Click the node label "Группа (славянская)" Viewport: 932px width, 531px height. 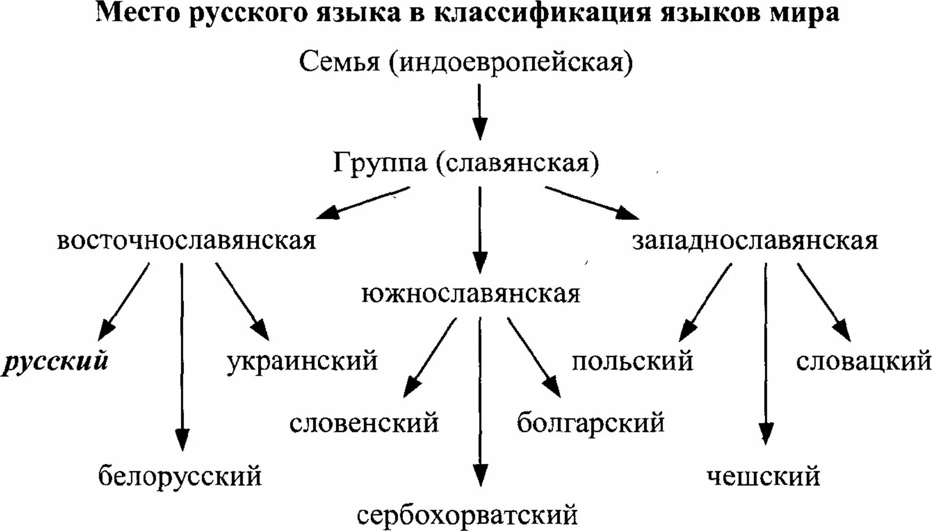click(466, 163)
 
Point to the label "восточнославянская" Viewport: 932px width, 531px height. click(186, 241)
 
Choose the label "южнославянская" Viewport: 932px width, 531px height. click(471, 294)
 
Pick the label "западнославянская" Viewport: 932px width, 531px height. click(755, 241)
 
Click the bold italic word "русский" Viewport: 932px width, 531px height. click(55, 362)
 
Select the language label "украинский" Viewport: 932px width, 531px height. click(302, 362)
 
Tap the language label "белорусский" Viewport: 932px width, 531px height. click(180, 476)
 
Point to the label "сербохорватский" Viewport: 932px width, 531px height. click(467, 515)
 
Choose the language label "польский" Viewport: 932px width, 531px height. click(633, 362)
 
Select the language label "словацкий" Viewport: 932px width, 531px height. click(863, 362)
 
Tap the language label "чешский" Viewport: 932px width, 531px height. click(763, 476)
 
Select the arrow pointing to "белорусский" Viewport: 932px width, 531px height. click(182, 357)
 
